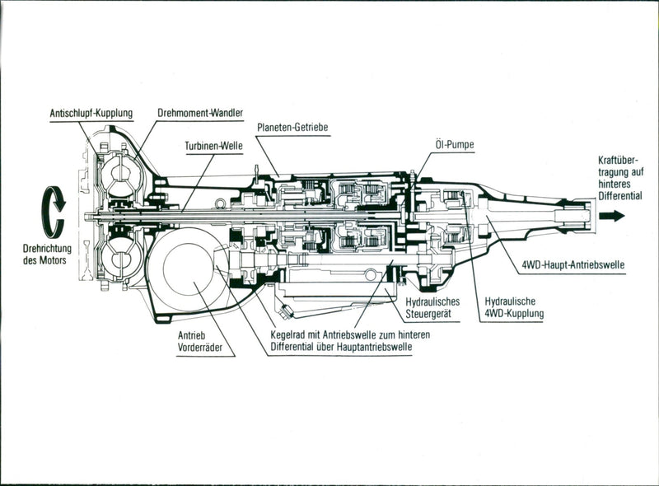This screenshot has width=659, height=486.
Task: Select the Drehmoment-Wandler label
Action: pos(201,112)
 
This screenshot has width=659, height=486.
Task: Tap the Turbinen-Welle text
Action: pos(213,144)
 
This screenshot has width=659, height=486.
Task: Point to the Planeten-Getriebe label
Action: pos(292,128)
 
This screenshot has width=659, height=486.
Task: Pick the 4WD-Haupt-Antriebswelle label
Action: pos(573,265)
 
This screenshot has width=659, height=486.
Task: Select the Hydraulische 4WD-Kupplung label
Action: pos(514,307)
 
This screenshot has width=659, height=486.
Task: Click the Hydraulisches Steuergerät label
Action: pos(432,307)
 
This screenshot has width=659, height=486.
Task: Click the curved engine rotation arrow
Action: pos(54,212)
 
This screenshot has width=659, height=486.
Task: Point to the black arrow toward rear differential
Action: pos(611,216)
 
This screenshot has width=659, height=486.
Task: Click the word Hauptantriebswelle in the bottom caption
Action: pos(374,348)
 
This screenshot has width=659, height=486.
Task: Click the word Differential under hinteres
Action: pos(621,196)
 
